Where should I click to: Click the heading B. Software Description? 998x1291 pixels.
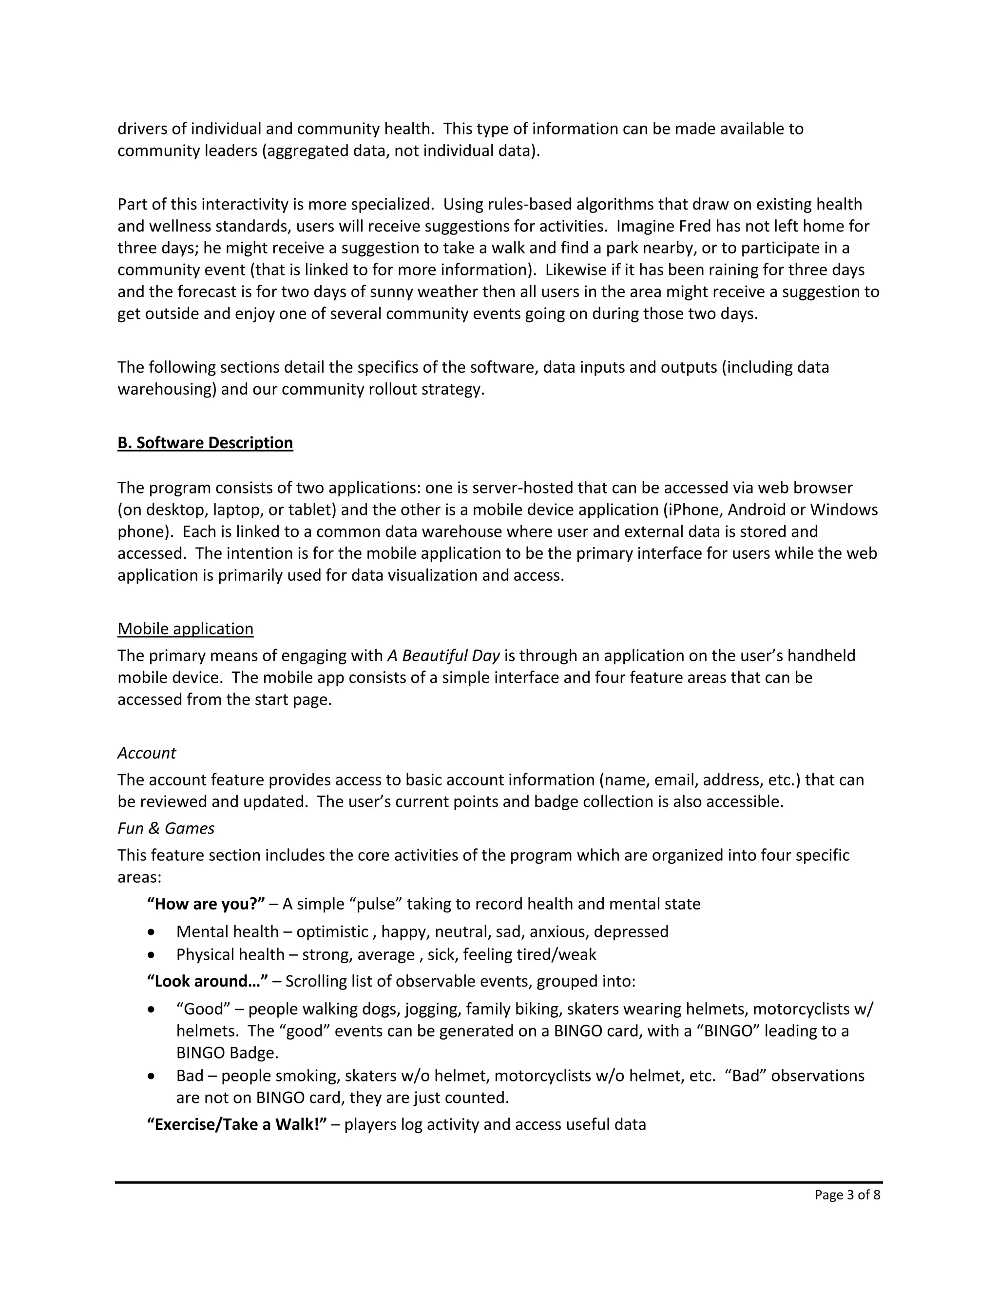(x=205, y=443)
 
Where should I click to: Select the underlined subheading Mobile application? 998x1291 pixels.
(x=185, y=628)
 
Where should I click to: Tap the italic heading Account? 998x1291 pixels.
(x=146, y=753)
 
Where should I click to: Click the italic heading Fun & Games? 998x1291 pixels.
(x=166, y=828)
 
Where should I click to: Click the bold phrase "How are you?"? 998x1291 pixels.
(x=206, y=904)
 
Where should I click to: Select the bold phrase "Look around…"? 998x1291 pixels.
(x=207, y=981)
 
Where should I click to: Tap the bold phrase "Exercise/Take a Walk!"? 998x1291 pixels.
(x=236, y=1124)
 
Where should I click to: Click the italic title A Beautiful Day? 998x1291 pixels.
(x=443, y=656)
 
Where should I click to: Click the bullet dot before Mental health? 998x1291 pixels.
(x=152, y=932)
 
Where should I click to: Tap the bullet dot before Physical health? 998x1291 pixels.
(x=152, y=955)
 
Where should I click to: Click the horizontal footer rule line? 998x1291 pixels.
(x=499, y=1182)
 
